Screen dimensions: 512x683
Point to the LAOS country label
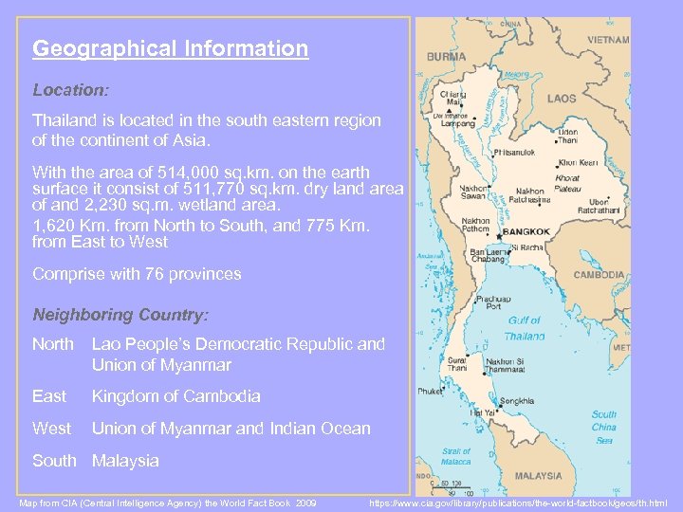click(x=561, y=98)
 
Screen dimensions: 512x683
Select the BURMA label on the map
click(x=445, y=56)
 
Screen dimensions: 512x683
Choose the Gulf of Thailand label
click(x=525, y=328)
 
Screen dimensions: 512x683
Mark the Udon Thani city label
click(x=567, y=137)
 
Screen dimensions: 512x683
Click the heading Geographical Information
click(x=171, y=48)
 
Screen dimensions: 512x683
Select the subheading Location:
click(x=71, y=91)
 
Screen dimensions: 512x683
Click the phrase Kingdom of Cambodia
click(x=175, y=396)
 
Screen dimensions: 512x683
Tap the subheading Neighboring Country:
click(x=120, y=314)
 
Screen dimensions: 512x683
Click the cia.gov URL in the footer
click(x=517, y=503)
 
